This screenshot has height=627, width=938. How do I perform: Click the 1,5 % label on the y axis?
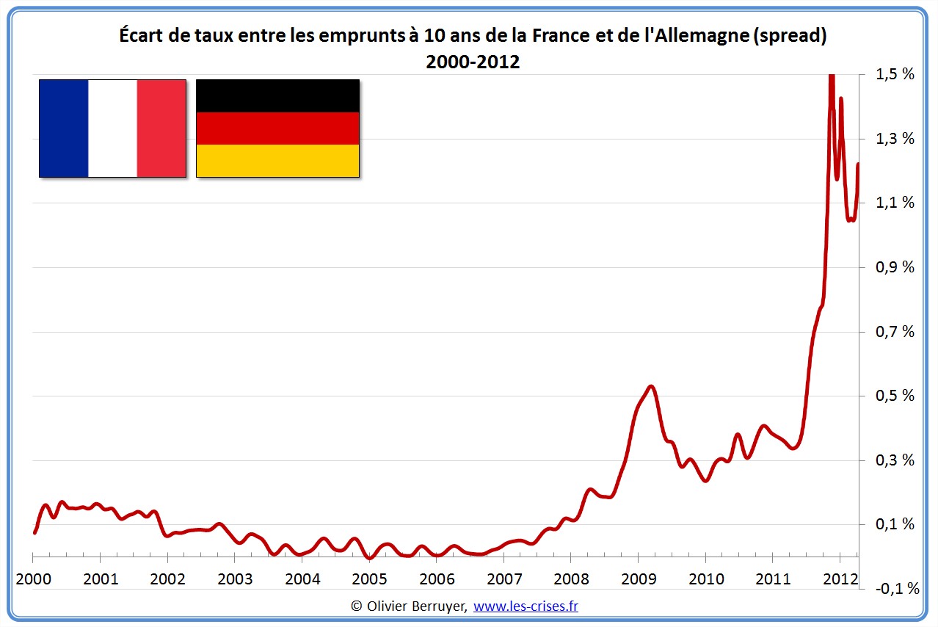[x=894, y=74]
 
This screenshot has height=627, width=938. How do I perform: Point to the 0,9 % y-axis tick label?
[x=894, y=267]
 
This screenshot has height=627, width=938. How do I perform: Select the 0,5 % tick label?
[x=894, y=396]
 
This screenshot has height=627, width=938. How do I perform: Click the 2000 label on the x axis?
[x=34, y=579]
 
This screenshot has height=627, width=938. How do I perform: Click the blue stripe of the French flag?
[x=64, y=128]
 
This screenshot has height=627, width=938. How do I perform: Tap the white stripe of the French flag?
[x=112, y=128]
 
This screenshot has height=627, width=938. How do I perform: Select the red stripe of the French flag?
[x=161, y=128]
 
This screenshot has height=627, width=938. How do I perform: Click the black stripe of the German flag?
[x=277, y=95]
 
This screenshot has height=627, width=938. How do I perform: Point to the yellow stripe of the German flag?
[x=277, y=161]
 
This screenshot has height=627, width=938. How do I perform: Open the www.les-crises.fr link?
[x=526, y=606]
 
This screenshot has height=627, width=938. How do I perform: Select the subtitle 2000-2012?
[x=473, y=62]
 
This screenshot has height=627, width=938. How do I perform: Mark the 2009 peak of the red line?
[x=651, y=386]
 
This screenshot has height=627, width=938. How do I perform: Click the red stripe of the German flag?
[x=277, y=128]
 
